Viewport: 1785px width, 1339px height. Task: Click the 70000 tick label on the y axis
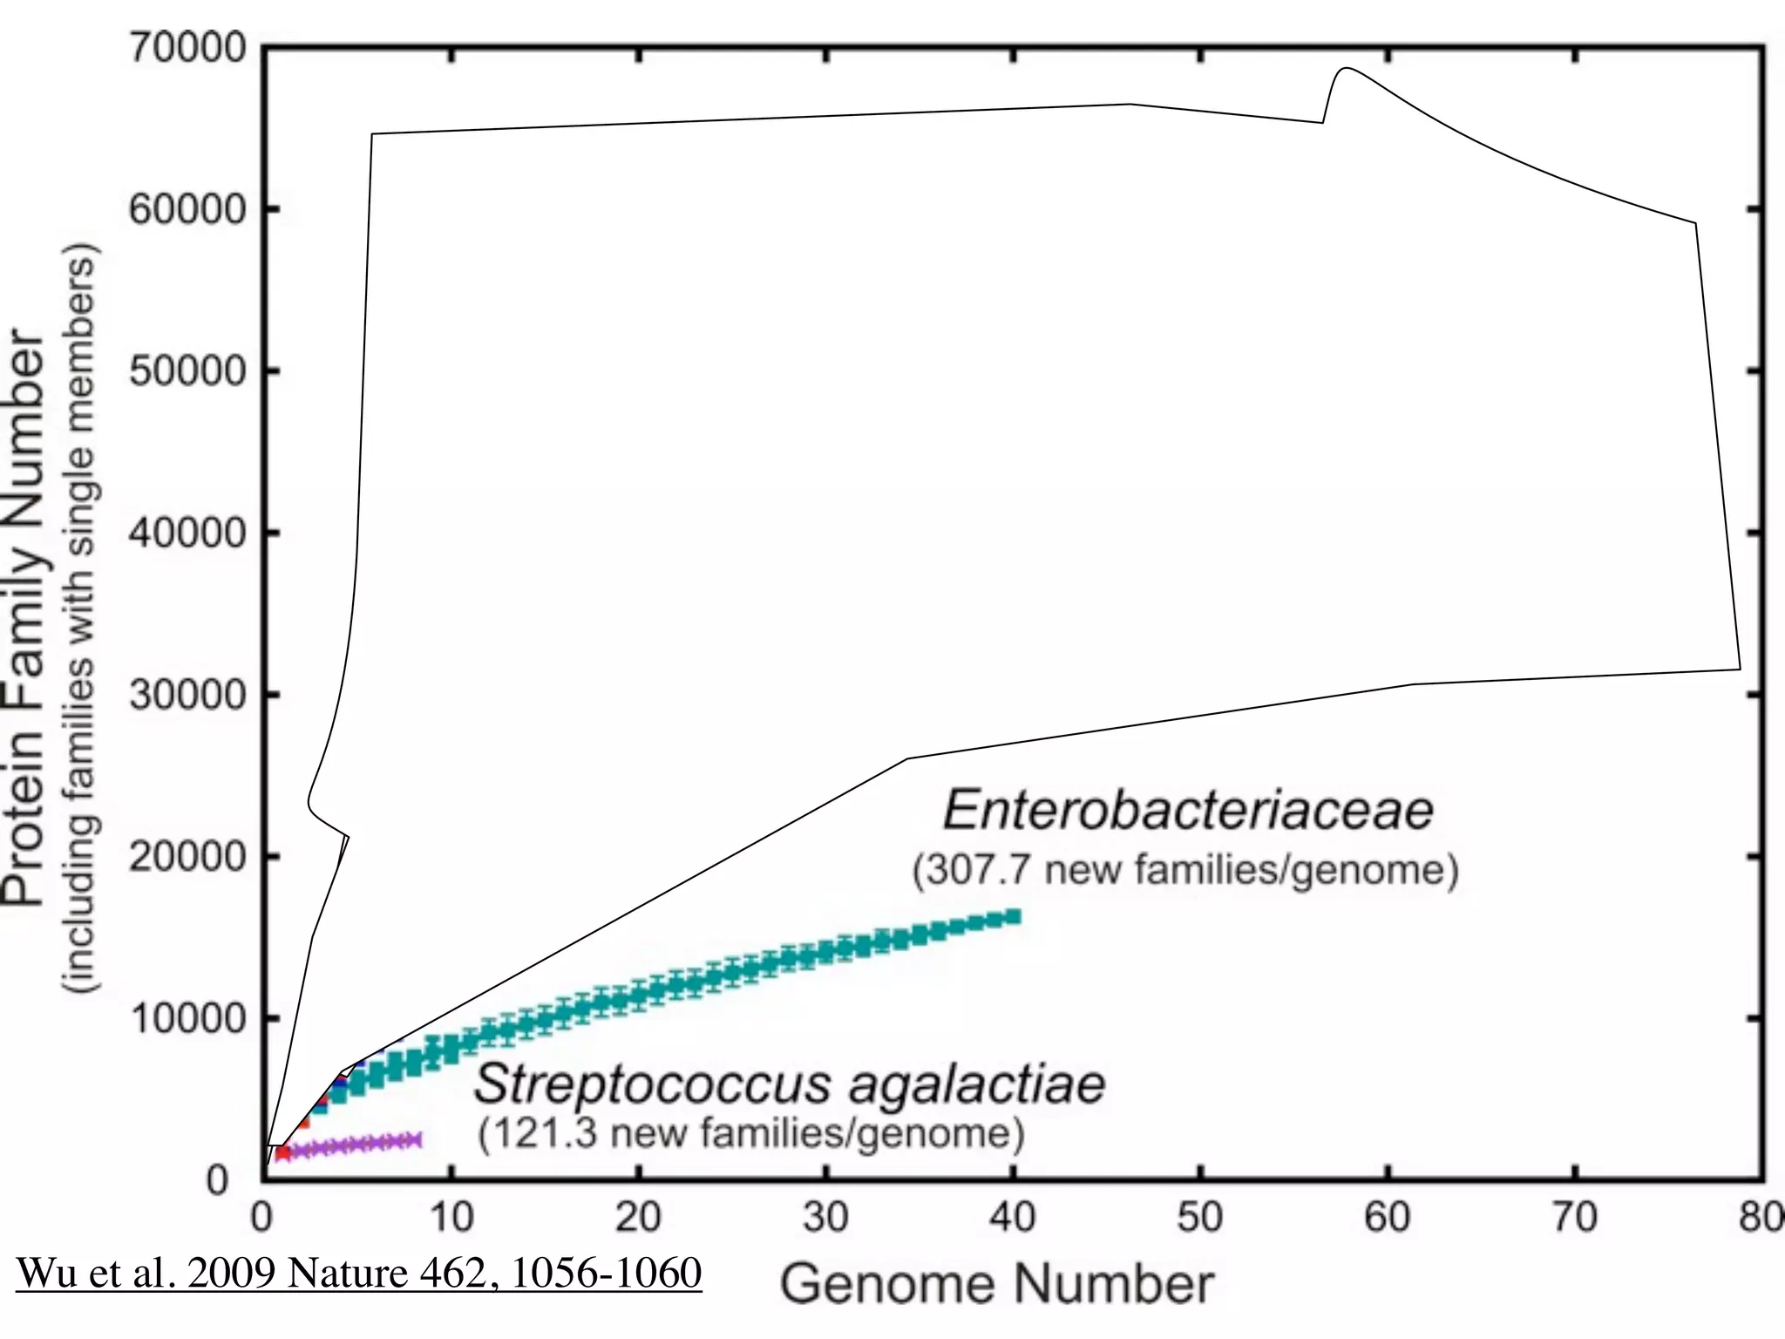tap(188, 48)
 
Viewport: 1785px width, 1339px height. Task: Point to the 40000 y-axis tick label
tap(188, 533)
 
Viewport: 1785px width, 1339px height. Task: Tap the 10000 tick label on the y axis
tap(188, 1018)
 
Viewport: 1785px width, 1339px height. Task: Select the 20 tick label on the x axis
tap(638, 1217)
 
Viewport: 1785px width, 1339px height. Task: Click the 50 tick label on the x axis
tap(1199, 1217)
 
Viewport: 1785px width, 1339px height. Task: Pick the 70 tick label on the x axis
tap(1574, 1217)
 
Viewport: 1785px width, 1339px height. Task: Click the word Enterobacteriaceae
tap(1188, 810)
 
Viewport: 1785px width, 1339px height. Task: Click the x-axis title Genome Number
tap(996, 1285)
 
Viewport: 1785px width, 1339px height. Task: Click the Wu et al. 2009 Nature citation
tap(359, 1274)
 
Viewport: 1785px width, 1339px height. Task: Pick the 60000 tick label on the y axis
tap(188, 209)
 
